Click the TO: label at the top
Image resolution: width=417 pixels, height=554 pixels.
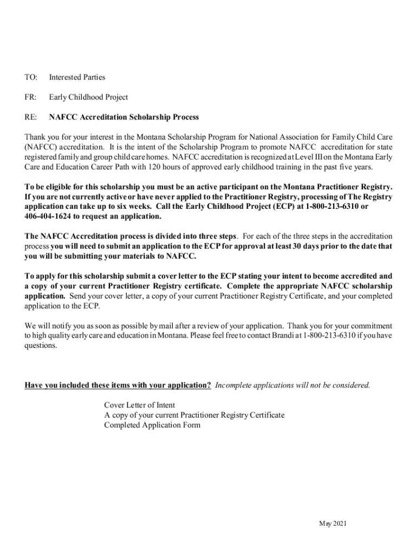click(30, 77)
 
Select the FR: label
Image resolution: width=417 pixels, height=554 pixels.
click(30, 97)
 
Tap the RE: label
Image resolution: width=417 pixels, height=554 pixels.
click(30, 117)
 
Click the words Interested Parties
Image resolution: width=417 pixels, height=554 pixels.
click(77, 77)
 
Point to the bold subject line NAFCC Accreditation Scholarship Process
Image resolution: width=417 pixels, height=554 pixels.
click(124, 117)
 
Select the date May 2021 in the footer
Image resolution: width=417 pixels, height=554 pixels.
click(333, 524)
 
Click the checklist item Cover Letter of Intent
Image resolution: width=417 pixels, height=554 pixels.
click(139, 405)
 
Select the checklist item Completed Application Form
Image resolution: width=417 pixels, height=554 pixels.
click(152, 425)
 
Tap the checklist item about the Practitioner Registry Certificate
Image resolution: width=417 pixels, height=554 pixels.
click(194, 415)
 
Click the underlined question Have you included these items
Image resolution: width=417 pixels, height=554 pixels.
click(118, 385)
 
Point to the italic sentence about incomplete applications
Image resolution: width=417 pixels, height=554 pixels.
click(292, 385)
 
